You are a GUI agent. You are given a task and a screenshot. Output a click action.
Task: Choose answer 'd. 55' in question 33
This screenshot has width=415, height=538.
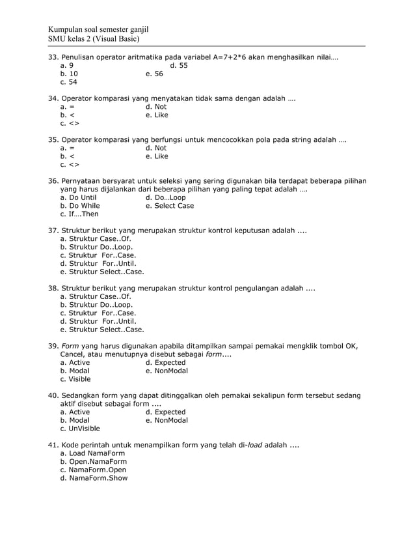click(x=179, y=66)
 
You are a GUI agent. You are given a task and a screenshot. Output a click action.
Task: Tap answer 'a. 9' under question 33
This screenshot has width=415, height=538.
click(x=66, y=66)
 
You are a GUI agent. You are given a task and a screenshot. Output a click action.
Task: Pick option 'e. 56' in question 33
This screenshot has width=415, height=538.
click(x=155, y=74)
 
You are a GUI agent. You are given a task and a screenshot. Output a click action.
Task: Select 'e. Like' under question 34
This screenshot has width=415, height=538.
click(x=157, y=115)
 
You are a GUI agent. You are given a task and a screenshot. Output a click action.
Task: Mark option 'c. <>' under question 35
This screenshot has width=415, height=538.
click(x=70, y=165)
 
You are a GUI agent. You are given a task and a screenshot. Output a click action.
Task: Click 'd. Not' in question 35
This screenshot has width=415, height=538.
click(x=156, y=148)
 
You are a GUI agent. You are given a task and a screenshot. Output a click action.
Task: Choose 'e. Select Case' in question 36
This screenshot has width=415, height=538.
click(x=170, y=206)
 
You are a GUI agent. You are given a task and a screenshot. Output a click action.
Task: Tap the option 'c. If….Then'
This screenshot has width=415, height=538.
click(x=79, y=214)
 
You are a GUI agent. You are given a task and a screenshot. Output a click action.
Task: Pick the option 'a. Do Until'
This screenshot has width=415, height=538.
click(x=78, y=197)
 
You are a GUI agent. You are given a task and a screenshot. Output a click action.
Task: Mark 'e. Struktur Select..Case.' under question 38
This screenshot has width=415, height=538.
click(x=101, y=330)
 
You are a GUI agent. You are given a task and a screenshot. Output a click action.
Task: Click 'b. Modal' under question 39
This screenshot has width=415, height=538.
click(x=74, y=371)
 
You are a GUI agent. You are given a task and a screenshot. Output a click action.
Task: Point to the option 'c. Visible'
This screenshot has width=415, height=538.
click(x=75, y=379)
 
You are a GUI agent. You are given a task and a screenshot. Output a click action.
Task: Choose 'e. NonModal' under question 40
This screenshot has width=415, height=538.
click(x=167, y=420)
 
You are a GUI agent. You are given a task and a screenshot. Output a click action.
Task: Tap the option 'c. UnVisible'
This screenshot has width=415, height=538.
click(x=79, y=429)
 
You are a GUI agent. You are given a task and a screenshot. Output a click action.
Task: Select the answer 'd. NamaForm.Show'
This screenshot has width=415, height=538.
click(x=94, y=478)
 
